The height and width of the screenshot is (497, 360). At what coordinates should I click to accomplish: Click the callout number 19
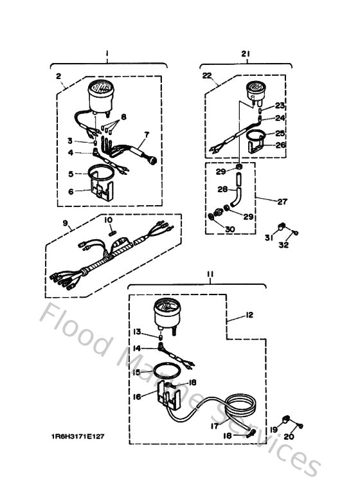(x=273, y=429)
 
